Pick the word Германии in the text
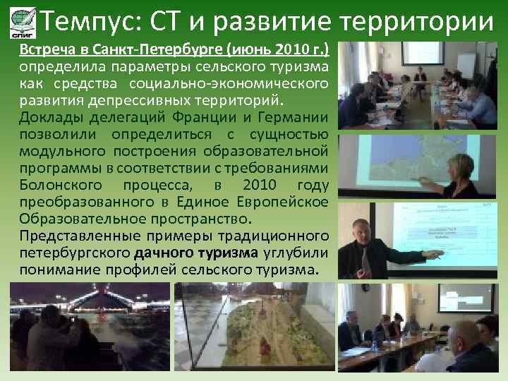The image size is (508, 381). coord(292,118)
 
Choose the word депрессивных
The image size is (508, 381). coord(140,101)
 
